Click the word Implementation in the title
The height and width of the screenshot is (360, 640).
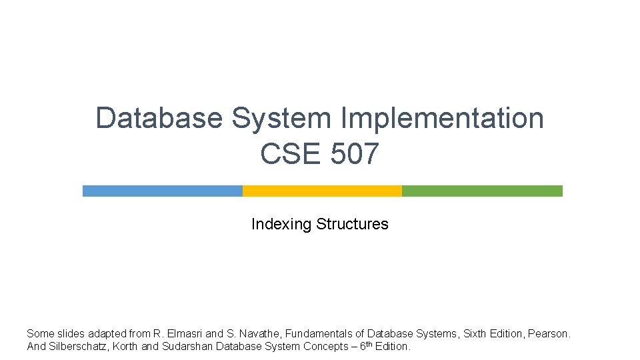click(442, 119)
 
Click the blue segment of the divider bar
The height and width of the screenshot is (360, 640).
click(162, 191)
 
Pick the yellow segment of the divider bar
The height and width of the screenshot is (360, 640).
click(322, 191)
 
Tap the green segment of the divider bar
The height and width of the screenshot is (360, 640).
click(482, 191)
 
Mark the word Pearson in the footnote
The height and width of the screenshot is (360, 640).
click(549, 333)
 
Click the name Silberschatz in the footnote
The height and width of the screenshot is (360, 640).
click(80, 347)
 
